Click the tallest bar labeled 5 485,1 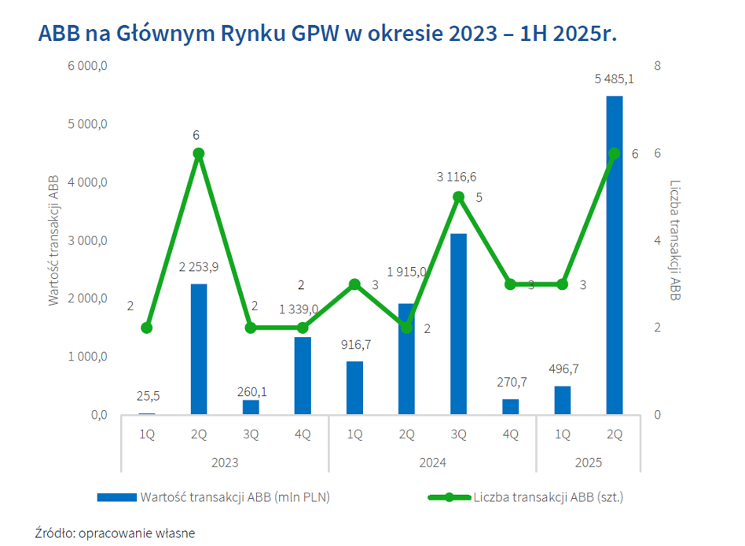pyautogui.click(x=615, y=255)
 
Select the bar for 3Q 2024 pyautogui.click(x=458, y=324)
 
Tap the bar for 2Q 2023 pyautogui.click(x=199, y=349)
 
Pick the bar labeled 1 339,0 pyautogui.click(x=303, y=376)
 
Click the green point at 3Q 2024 pyautogui.click(x=458, y=196)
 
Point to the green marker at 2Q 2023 pyautogui.click(x=199, y=153)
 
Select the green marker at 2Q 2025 pyautogui.click(x=615, y=153)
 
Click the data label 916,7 pyautogui.click(x=355, y=344)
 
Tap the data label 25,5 pyautogui.click(x=147, y=397)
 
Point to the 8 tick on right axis pyautogui.click(x=658, y=66)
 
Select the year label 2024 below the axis pyautogui.click(x=432, y=463)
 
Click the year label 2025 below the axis pyautogui.click(x=589, y=463)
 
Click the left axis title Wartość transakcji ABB pyautogui.click(x=54, y=240)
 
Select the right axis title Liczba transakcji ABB pyautogui.click(x=674, y=240)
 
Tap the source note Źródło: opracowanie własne pyautogui.click(x=115, y=533)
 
